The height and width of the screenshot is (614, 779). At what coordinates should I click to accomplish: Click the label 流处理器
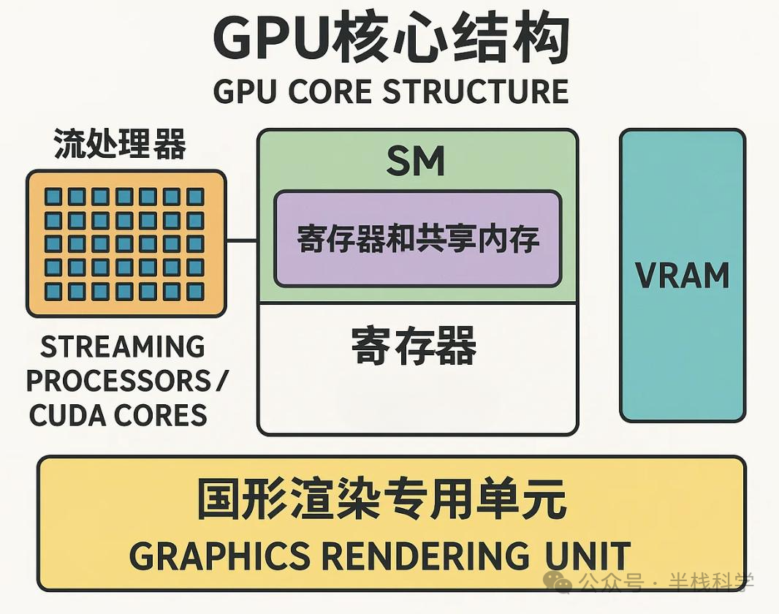[x=121, y=144]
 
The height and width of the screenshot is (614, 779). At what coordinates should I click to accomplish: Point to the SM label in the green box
[x=416, y=162]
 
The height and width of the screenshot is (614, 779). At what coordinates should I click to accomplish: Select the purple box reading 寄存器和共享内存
[x=417, y=239]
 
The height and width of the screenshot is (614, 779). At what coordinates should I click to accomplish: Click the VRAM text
[x=682, y=276]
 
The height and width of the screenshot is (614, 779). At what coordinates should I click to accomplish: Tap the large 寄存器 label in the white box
[x=414, y=345]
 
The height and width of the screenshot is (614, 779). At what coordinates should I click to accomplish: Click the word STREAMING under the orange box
[x=123, y=347]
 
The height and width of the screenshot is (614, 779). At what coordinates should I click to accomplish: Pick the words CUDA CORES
[x=118, y=416]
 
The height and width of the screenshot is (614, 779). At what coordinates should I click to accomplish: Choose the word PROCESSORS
[x=117, y=381]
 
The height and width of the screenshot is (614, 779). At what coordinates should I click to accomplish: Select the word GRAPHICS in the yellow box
[x=219, y=556]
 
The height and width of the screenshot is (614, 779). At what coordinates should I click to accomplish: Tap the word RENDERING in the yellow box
[x=425, y=556]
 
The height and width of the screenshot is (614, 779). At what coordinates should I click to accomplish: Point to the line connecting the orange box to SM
[x=241, y=240]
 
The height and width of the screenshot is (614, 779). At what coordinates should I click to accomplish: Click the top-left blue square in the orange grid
[x=53, y=197]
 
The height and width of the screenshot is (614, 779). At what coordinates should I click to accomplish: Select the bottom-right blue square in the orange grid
[x=195, y=292]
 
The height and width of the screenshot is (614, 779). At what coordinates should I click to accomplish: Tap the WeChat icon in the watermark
[x=563, y=583]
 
